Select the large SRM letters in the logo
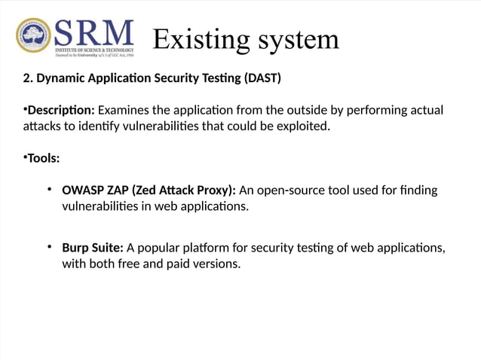click(x=93, y=33)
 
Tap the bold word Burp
click(x=76, y=247)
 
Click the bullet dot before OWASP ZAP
click(x=48, y=189)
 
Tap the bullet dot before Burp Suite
click(x=48, y=246)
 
